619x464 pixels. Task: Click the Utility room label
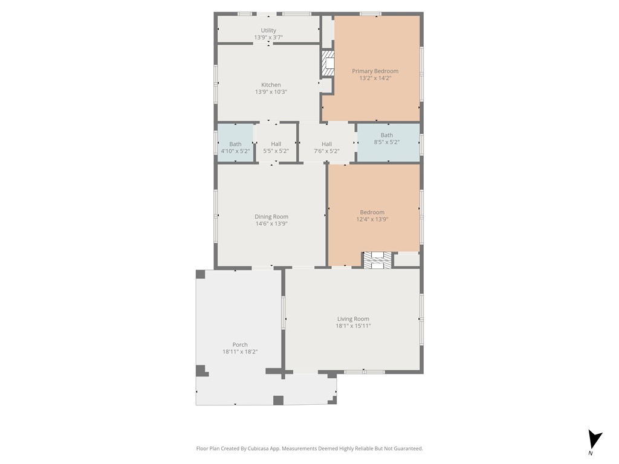click(268, 30)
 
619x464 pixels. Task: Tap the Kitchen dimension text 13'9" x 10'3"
click(271, 92)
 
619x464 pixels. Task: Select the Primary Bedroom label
click(375, 71)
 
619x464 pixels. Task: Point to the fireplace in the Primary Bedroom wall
click(328, 63)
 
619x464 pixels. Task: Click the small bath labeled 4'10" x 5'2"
click(235, 147)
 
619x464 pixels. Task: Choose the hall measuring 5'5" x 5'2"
click(276, 147)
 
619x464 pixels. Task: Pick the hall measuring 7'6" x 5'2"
click(326, 147)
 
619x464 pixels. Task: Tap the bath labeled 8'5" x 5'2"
click(387, 139)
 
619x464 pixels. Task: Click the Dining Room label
click(271, 216)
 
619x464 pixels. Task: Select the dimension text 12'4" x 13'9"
click(372, 219)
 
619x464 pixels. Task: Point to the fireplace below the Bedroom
click(377, 260)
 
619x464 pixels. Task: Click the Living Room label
click(353, 319)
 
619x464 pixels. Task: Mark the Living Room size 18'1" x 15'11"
click(353, 326)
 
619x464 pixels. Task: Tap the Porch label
click(240, 345)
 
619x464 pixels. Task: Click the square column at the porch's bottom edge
click(278, 400)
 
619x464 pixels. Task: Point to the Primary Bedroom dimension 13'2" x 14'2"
click(375, 78)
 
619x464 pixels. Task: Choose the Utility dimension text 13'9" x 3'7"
click(268, 37)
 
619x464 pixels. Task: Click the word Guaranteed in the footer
click(407, 448)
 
